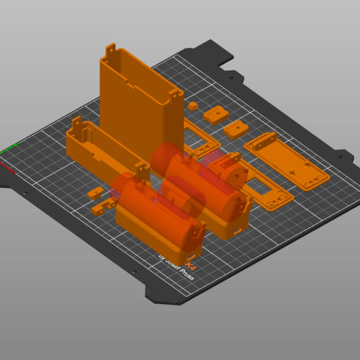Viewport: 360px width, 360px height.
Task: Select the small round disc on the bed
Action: (194, 107)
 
